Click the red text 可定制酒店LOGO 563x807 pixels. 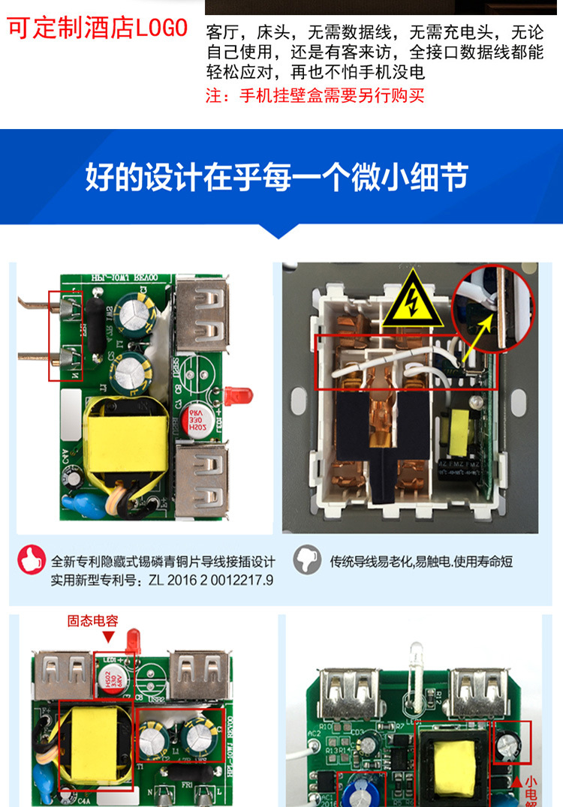coord(98,28)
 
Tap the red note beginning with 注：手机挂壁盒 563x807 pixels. coord(315,96)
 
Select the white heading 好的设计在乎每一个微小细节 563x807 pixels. coord(277,177)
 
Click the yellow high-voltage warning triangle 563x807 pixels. coord(412,301)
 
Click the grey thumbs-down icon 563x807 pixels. coord(308,559)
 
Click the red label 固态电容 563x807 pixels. coord(92,620)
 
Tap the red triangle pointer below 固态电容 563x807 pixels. coord(108,637)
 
